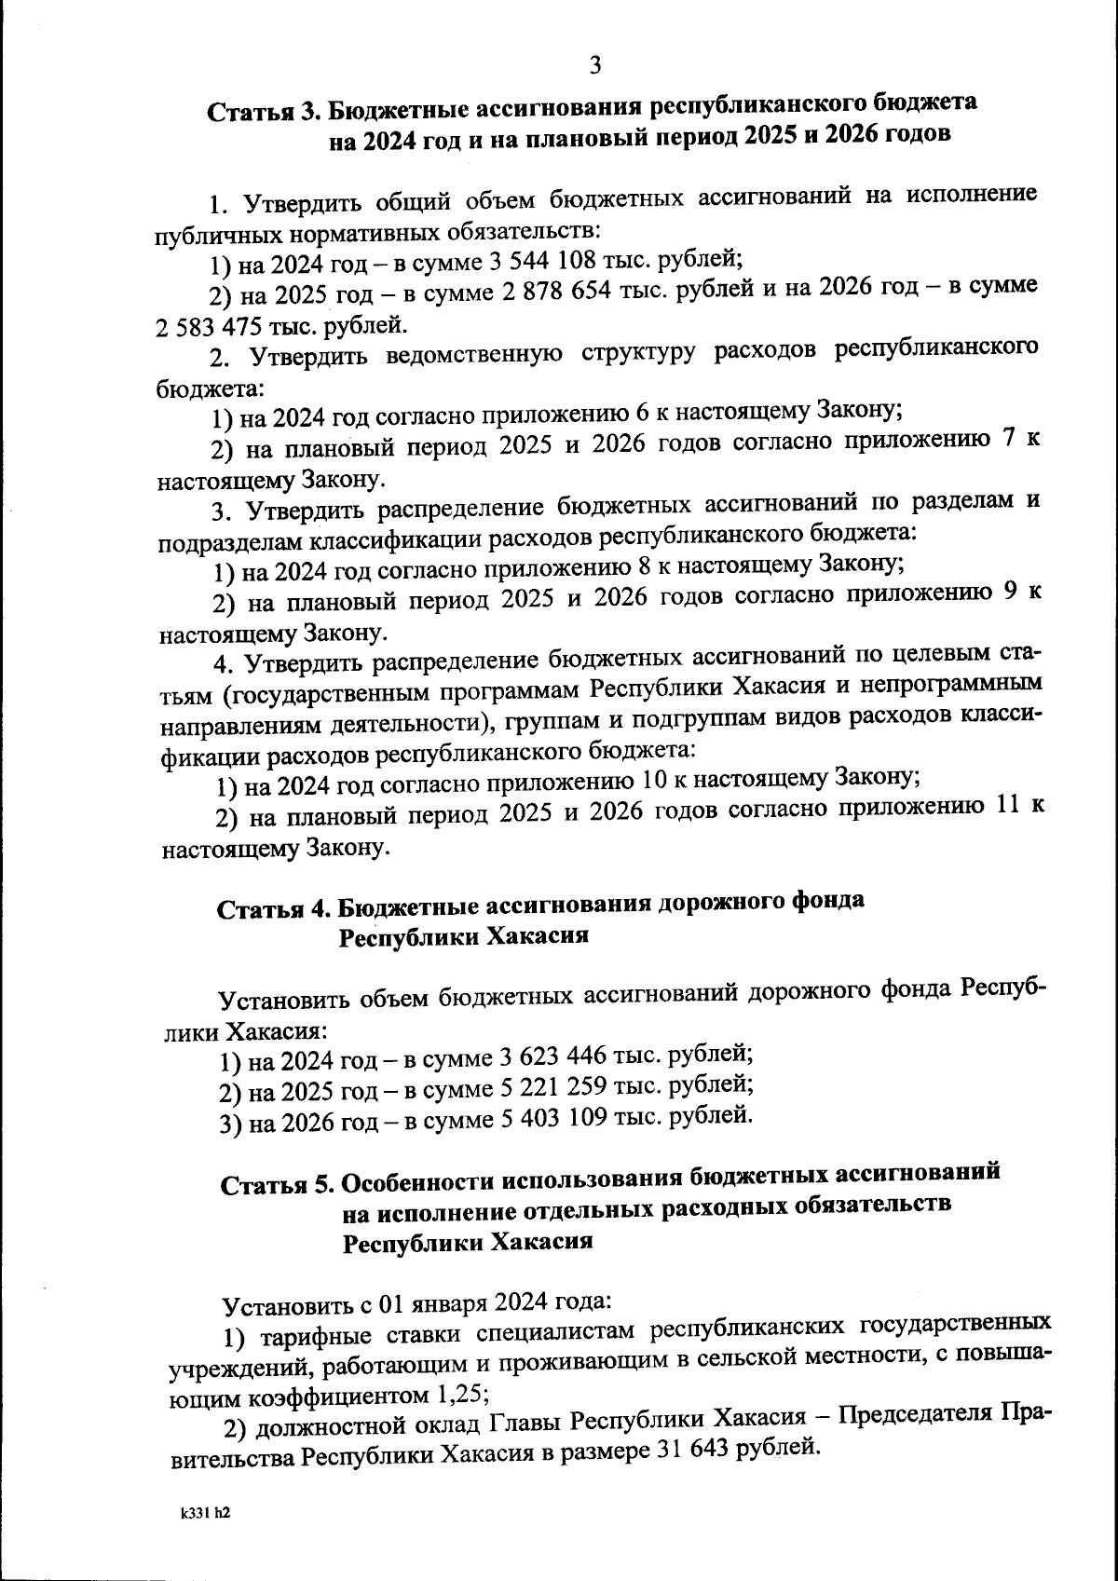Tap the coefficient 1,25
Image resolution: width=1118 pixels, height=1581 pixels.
tap(457, 1396)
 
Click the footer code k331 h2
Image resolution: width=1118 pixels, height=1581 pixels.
tap(205, 1514)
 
